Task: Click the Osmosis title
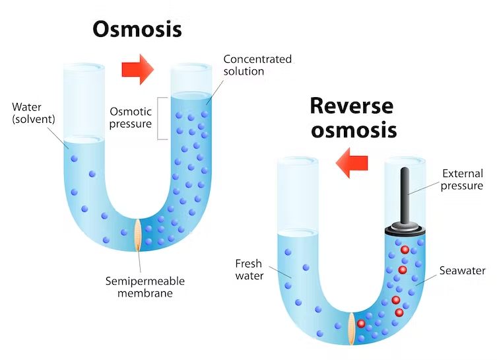(x=137, y=28)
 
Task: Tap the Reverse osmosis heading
(x=353, y=116)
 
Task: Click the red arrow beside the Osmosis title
(x=138, y=69)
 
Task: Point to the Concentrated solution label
(x=257, y=65)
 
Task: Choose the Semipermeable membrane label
(x=145, y=287)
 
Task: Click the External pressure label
(x=462, y=180)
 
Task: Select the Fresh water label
(x=249, y=270)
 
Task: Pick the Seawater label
(x=463, y=271)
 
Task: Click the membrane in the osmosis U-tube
(x=139, y=235)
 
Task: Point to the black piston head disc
(x=405, y=229)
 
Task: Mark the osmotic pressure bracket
(x=159, y=118)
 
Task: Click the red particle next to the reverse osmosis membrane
(x=361, y=323)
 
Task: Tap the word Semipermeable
(x=145, y=281)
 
